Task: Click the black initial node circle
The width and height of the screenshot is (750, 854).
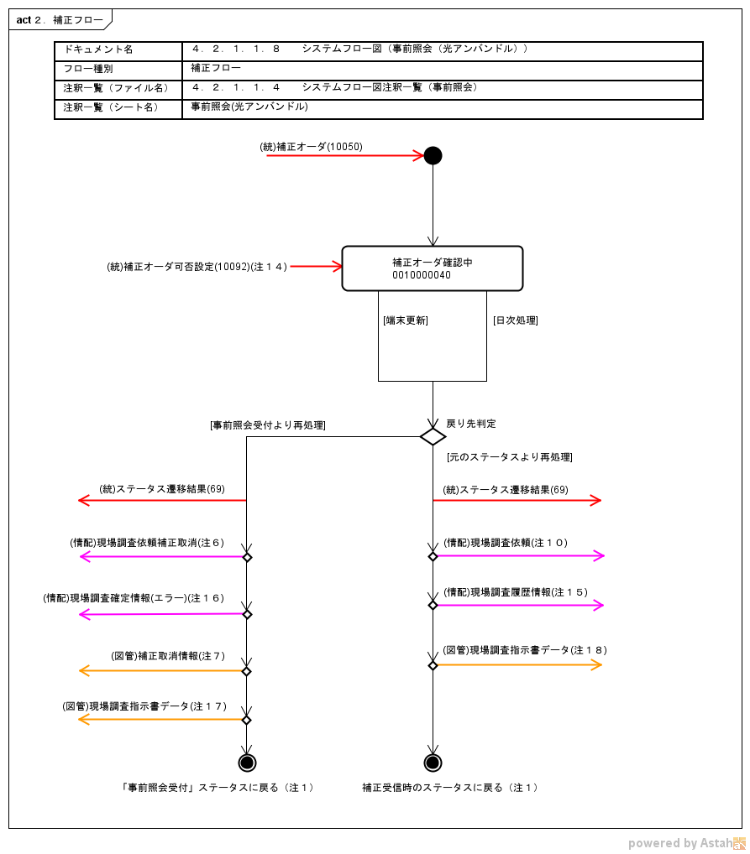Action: pos(433,155)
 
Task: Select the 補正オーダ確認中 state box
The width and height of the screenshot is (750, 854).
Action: pos(433,268)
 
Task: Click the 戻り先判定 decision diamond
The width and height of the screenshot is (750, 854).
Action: pos(433,436)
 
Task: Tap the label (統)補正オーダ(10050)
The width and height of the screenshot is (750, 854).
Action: pos(311,147)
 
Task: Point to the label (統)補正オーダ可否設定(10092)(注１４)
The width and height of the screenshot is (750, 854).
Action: pos(197,267)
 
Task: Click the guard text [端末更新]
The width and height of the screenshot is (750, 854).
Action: pos(406,320)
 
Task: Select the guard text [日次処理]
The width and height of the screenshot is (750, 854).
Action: pos(515,320)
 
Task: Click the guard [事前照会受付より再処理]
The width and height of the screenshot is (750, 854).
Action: pos(268,425)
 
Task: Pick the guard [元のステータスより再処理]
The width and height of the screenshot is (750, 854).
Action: pos(510,457)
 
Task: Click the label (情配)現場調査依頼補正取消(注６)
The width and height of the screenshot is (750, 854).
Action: pos(148,543)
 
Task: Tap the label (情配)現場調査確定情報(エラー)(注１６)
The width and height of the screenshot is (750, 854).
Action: pos(134,598)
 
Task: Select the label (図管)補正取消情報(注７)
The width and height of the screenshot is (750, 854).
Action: pos(168,656)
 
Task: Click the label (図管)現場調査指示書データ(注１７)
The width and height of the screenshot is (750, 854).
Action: pos(144,706)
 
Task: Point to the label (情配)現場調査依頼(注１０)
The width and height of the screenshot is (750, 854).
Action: pos(506,543)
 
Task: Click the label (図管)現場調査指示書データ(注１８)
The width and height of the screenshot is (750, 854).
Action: pos(526,650)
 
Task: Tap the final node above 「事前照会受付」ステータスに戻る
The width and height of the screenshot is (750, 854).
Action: pos(247,763)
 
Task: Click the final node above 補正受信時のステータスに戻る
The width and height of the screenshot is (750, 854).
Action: pos(433,763)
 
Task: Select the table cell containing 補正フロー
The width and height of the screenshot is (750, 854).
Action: pos(216,68)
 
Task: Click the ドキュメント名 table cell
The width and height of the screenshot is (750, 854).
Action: pos(118,49)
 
